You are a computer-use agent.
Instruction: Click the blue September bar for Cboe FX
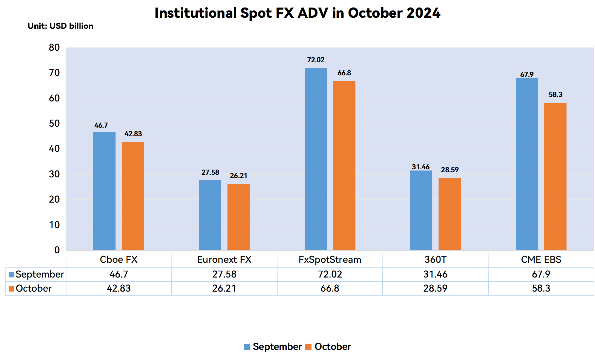(x=104, y=191)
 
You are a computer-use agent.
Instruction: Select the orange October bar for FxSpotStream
(x=344, y=166)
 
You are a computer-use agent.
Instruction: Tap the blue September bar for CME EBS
(x=527, y=164)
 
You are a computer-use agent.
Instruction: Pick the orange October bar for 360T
(x=450, y=214)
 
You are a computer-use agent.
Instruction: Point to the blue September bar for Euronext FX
(x=210, y=215)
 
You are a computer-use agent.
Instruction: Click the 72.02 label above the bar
(x=316, y=60)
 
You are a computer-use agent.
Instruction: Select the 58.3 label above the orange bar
(x=555, y=95)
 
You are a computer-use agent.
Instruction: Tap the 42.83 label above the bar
(x=133, y=134)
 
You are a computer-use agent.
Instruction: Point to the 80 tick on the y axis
(x=54, y=47)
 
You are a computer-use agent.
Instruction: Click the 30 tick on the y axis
(x=54, y=174)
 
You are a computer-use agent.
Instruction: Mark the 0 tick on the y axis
(x=57, y=250)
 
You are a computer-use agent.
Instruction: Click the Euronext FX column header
(x=224, y=260)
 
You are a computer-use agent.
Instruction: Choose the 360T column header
(x=435, y=260)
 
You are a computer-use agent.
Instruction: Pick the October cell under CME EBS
(x=541, y=288)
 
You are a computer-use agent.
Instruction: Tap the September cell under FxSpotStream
(x=330, y=274)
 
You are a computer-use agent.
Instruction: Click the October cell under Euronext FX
(x=224, y=288)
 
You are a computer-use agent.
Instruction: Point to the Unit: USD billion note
(x=61, y=26)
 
